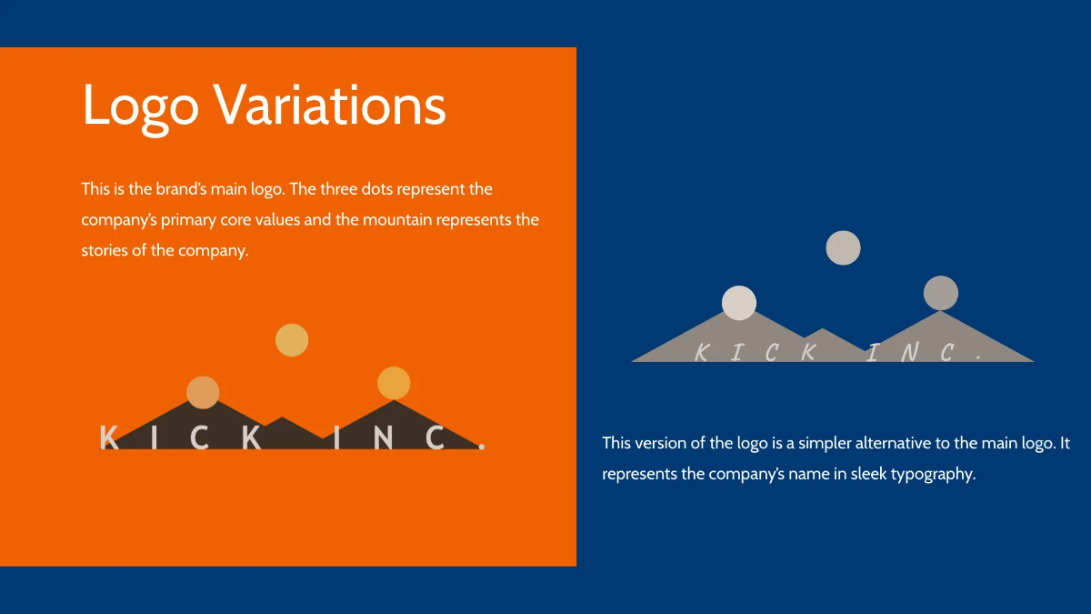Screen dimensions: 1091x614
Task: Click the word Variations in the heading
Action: (330, 105)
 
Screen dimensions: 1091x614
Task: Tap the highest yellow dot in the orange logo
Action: (292, 340)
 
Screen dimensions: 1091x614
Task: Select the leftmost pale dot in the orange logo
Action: (203, 392)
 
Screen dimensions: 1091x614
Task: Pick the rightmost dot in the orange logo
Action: (394, 383)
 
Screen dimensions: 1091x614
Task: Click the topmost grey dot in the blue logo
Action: (843, 248)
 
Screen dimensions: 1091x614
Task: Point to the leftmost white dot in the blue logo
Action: (739, 303)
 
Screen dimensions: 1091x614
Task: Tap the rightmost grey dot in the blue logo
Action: (941, 293)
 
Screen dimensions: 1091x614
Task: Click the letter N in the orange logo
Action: (384, 438)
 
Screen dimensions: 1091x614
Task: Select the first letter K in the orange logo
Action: (109, 438)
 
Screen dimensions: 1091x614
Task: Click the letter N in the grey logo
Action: (910, 352)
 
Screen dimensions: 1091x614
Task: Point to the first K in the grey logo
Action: (702, 352)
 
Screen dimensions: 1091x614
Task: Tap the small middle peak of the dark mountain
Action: (283, 418)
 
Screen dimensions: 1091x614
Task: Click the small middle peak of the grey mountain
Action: (823, 329)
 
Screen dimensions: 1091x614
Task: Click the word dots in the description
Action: (376, 189)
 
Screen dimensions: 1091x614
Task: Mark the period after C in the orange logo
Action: (482, 446)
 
